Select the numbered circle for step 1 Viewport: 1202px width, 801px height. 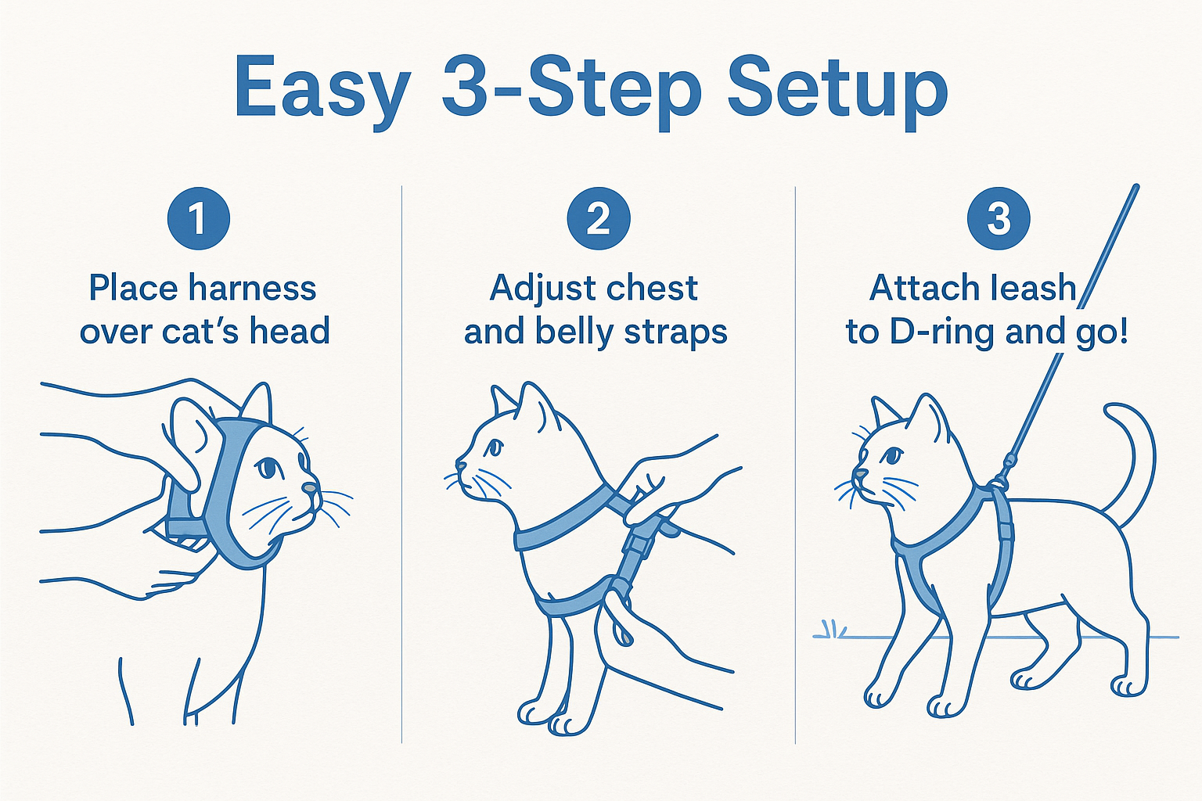[x=199, y=218]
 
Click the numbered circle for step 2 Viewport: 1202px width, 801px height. [x=599, y=218]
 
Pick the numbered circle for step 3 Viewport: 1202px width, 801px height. [x=999, y=218]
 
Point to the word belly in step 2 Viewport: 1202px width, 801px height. [x=575, y=332]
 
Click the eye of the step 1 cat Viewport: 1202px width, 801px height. [x=268, y=467]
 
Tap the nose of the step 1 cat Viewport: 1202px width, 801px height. [x=311, y=488]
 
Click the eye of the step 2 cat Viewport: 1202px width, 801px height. [x=494, y=447]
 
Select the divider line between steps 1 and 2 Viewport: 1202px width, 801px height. [x=401, y=469]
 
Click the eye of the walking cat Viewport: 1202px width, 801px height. [x=893, y=455]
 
